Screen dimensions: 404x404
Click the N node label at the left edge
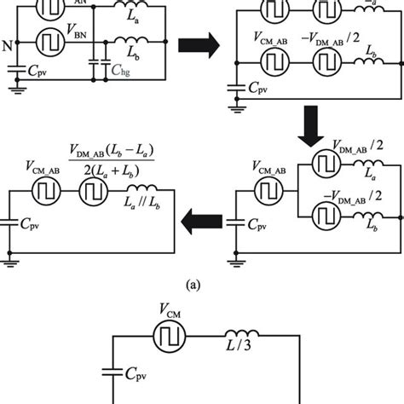coord(8,44)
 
